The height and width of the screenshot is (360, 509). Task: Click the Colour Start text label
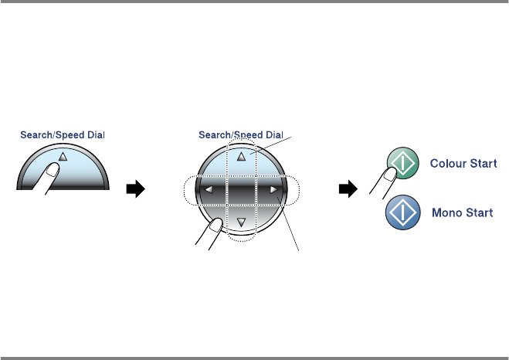click(461, 164)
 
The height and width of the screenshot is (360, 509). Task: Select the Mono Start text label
click(461, 212)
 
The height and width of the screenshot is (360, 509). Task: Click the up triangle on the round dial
click(241, 155)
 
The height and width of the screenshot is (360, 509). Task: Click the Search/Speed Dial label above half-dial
click(63, 134)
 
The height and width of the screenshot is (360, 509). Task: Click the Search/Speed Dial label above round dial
click(241, 134)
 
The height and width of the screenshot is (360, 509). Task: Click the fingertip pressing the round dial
click(216, 226)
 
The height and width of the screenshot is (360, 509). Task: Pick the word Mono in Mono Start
click(444, 212)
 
